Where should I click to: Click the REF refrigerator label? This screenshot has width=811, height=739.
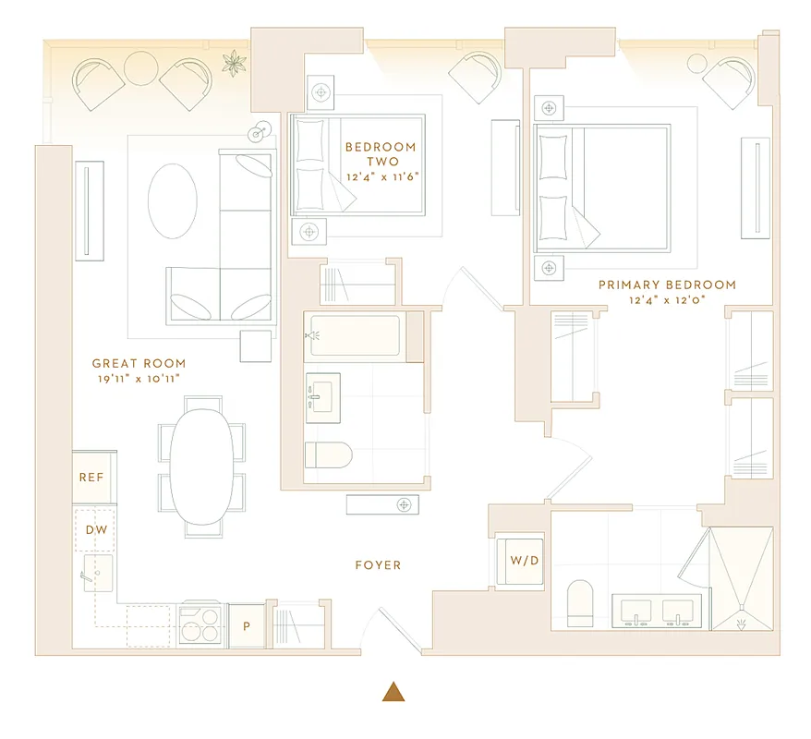coord(91,478)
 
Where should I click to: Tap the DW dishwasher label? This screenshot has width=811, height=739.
coord(95,529)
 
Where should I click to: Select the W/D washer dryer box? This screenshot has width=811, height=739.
coord(518,560)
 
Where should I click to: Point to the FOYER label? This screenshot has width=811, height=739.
coord(378,564)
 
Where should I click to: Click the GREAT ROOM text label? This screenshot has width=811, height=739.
coord(139,363)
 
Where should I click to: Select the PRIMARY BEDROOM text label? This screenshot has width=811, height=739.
coord(667,285)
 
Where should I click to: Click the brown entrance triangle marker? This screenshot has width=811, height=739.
coord(394,691)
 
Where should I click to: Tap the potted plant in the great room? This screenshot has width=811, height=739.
coord(235,64)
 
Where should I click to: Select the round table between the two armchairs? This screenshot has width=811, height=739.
coord(142,67)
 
